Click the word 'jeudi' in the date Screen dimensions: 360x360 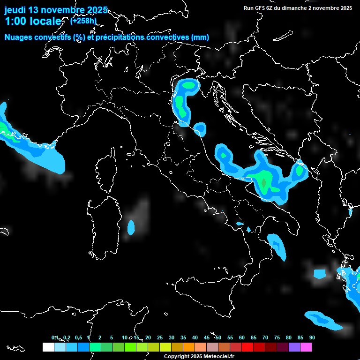(15, 10)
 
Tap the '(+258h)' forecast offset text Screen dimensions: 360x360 (83, 21)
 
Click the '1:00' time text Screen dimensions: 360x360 (14, 22)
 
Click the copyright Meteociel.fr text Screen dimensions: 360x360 (199, 356)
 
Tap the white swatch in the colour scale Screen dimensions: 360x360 (48, 347)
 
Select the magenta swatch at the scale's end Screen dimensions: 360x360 (306, 347)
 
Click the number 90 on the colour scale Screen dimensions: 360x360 (312, 337)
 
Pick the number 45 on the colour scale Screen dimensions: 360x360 (207, 337)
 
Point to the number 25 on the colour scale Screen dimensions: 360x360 (160, 337)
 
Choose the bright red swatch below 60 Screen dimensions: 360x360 (247, 347)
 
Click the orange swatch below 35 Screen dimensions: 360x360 (188, 347)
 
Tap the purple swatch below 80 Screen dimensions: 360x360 (294, 347)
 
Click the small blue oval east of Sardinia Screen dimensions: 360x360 (131, 227)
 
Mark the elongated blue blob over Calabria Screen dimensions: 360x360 (277, 246)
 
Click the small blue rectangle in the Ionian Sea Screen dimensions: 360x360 (319, 273)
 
